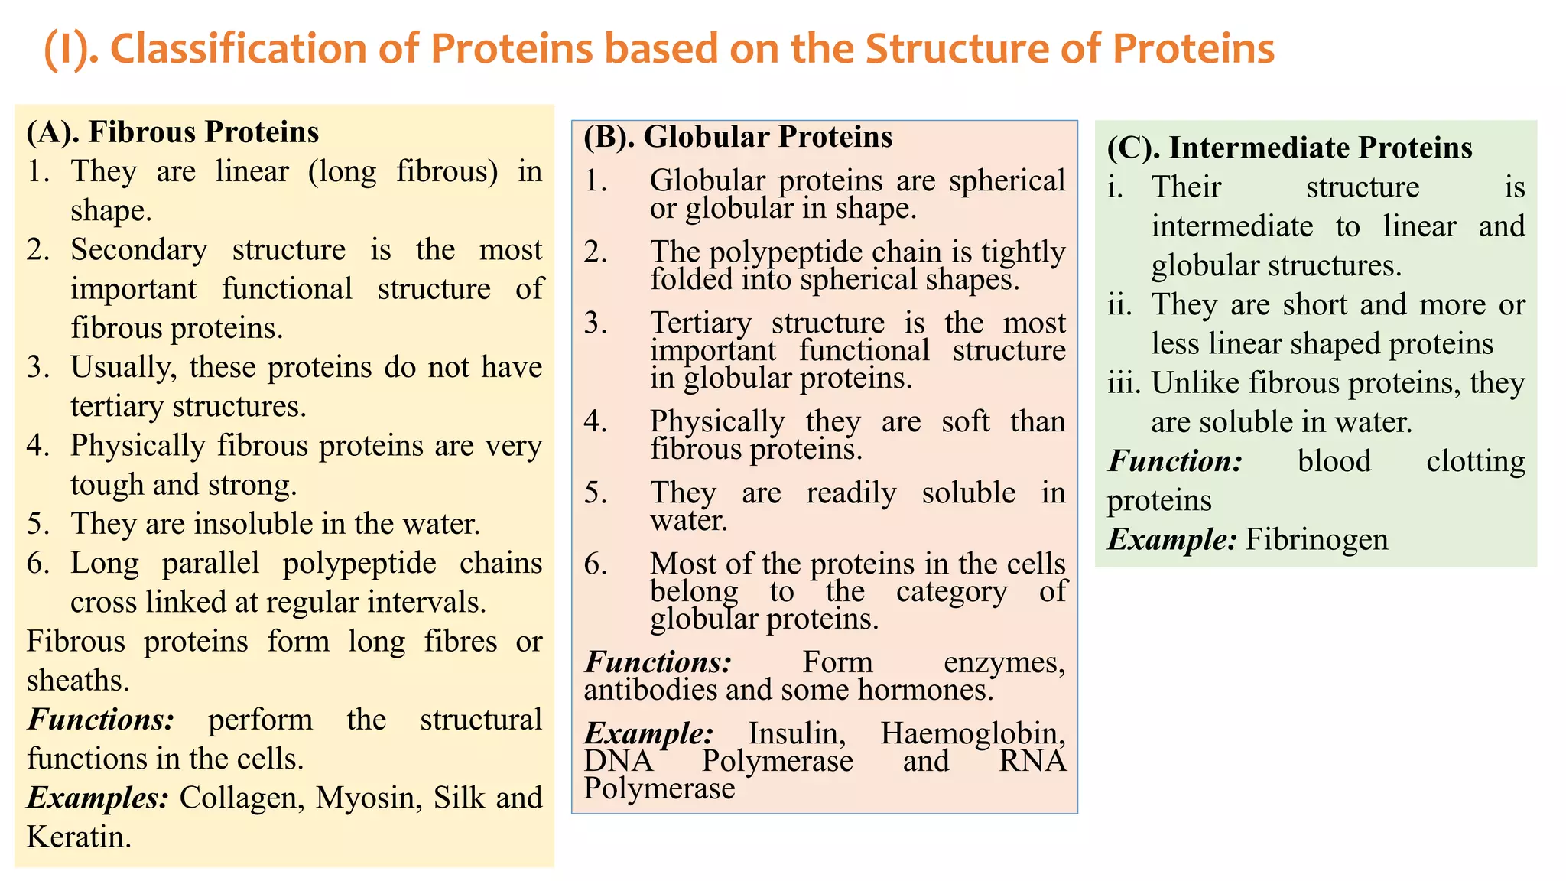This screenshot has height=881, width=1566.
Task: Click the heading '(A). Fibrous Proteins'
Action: pos(172,132)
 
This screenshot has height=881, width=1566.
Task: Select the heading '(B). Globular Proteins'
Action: pos(738,137)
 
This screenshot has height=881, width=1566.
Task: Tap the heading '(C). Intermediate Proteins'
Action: pos(1289,148)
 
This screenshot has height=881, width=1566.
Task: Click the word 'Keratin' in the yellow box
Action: pos(78,837)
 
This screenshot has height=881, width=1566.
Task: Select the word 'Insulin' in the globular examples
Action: pos(797,733)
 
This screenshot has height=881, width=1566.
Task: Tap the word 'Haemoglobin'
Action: pos(973,733)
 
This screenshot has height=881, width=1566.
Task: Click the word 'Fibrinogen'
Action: pos(1316,540)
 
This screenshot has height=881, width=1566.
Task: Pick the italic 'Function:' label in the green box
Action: pos(1174,461)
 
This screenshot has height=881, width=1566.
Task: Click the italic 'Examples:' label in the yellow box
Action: pos(98,798)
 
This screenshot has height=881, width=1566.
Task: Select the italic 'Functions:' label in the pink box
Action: pos(658,662)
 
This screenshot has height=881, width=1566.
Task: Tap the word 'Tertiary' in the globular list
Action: pos(700,323)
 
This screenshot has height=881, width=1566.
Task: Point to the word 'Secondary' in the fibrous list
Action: pos(138,250)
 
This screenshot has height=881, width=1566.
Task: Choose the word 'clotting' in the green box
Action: pos(1475,461)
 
